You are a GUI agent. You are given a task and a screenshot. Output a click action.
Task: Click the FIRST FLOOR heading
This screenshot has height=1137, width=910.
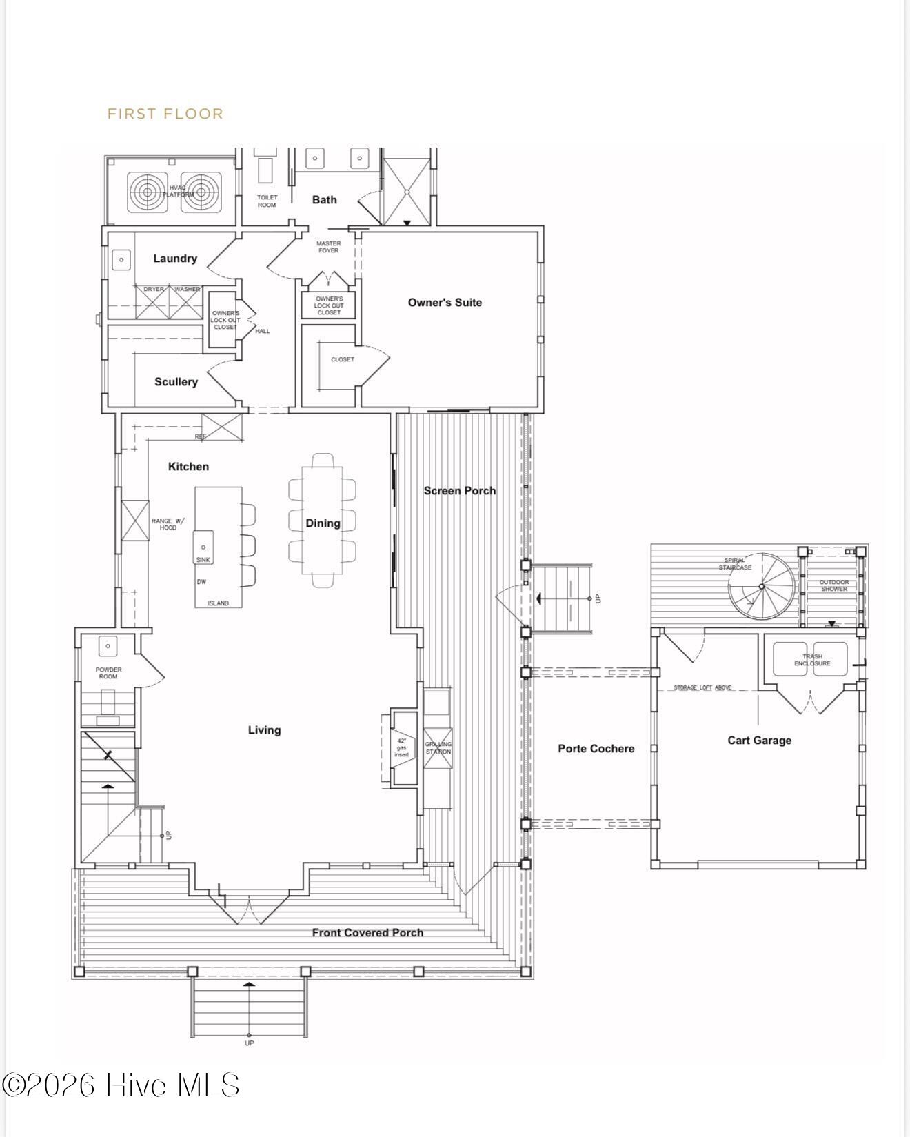pyautogui.click(x=165, y=114)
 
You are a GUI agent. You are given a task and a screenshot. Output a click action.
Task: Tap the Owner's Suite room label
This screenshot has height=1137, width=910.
pyautogui.click(x=445, y=302)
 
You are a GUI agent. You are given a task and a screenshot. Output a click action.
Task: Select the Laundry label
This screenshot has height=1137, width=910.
pyautogui.click(x=175, y=258)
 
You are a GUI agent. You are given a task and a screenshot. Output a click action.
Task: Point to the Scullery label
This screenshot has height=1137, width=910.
pyautogui.click(x=176, y=381)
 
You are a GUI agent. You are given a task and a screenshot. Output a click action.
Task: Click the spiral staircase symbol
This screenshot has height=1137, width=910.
pyautogui.click(x=761, y=587)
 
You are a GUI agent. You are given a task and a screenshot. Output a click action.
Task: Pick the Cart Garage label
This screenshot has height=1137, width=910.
pyautogui.click(x=759, y=740)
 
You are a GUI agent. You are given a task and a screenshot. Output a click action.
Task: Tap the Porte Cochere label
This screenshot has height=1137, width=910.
pyautogui.click(x=596, y=748)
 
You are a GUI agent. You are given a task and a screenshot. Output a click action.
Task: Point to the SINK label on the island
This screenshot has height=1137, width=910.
pyautogui.click(x=203, y=560)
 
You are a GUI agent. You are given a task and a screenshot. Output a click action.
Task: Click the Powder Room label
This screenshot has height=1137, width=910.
pyautogui.click(x=108, y=673)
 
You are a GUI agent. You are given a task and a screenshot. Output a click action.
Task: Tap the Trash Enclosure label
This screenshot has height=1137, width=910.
pyautogui.click(x=812, y=660)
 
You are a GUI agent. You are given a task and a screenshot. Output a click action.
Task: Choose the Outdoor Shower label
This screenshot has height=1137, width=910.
pyautogui.click(x=833, y=585)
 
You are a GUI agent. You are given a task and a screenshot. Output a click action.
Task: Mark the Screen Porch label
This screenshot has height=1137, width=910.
pyautogui.click(x=459, y=490)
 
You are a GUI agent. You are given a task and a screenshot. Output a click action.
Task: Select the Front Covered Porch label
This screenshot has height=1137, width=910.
pyautogui.click(x=367, y=932)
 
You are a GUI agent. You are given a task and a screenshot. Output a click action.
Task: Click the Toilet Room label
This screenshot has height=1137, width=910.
pyautogui.click(x=267, y=201)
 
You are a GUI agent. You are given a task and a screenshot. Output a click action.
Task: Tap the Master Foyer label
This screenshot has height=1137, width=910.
pyautogui.click(x=328, y=247)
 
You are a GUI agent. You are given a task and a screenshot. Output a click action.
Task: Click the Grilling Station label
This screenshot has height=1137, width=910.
pyautogui.click(x=438, y=747)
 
